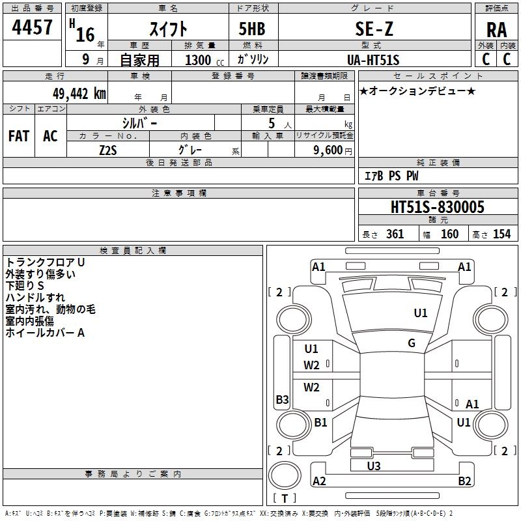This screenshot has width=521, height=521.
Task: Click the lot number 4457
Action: pyautogui.click(x=32, y=27)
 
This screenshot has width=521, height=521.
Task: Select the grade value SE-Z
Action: pyautogui.click(x=374, y=29)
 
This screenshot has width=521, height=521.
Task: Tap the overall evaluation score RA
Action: pyautogui.click(x=496, y=30)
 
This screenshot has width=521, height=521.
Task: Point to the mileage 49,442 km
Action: pyautogui.click(x=79, y=94)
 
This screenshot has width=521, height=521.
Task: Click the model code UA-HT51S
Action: pyautogui.click(x=373, y=60)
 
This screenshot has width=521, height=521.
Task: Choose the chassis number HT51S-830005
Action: pyautogui.click(x=437, y=207)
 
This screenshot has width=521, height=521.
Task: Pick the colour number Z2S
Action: pyautogui.click(x=108, y=150)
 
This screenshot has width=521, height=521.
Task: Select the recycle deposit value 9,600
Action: pyautogui.click(x=328, y=150)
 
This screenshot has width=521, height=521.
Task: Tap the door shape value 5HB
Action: pyautogui.click(x=252, y=29)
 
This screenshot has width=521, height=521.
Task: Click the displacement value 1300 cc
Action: pyautogui.click(x=204, y=60)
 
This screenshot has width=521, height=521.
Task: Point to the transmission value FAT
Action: pyautogui.click(x=19, y=136)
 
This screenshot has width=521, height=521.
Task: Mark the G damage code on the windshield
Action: pyautogui.click(x=412, y=343)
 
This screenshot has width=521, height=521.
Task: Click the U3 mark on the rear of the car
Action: pyautogui.click(x=373, y=466)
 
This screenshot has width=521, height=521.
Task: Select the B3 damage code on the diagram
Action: pyautogui.click(x=282, y=399)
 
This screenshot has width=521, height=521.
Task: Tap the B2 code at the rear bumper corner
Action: pyautogui.click(x=464, y=481)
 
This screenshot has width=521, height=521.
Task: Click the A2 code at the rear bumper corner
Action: pyautogui.click(x=319, y=481)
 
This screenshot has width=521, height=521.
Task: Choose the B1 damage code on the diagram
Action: pyautogui.click(x=320, y=422)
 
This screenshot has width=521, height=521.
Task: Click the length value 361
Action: pyautogui.click(x=395, y=234)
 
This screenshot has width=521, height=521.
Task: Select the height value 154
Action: pyautogui.click(x=501, y=234)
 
